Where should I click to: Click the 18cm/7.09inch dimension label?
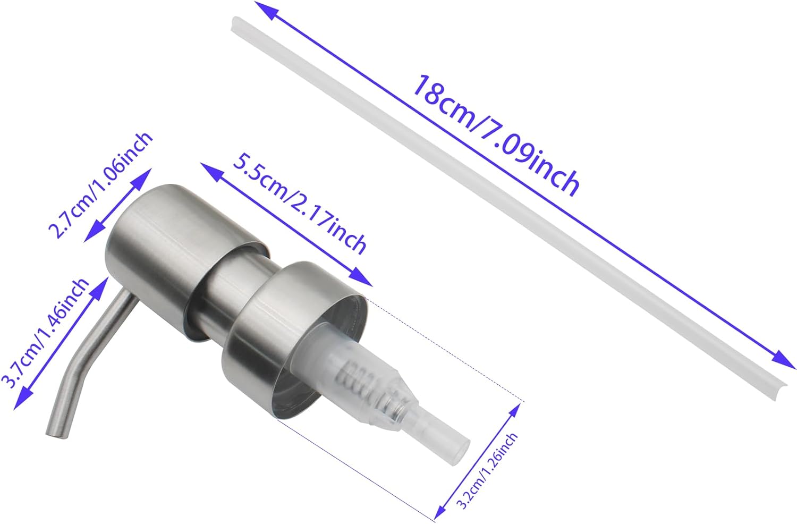pyautogui.click(x=496, y=136)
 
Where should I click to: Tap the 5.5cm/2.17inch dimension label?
pyautogui.click(x=300, y=204)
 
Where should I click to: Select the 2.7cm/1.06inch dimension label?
pyautogui.click(x=100, y=185)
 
